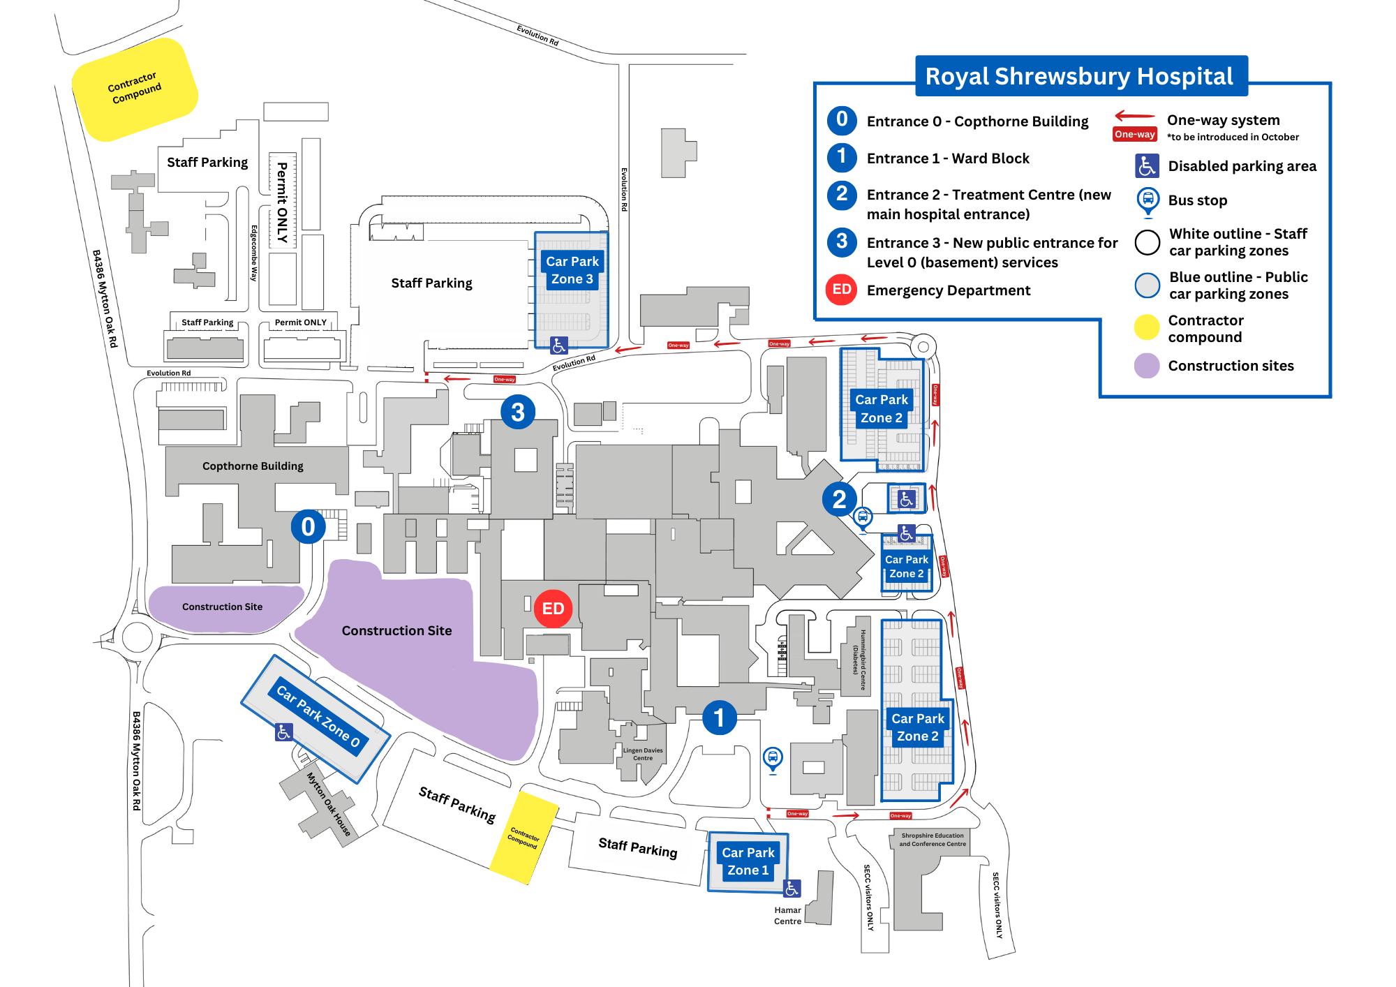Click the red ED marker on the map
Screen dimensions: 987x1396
click(553, 609)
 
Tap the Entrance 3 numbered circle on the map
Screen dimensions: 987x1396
click(517, 412)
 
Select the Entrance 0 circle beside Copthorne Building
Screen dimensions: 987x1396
click(308, 526)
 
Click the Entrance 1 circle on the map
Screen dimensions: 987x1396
click(719, 718)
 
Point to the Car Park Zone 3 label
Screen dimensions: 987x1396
click(572, 270)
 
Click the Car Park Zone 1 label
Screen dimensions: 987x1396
click(748, 861)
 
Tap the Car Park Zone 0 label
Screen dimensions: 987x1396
click(318, 716)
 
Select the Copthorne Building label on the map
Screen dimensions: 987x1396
click(253, 466)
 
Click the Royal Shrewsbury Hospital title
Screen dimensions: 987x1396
click(1079, 76)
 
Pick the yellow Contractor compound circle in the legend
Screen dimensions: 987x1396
click(1147, 327)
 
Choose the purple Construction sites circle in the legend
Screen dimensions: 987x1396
click(1147, 366)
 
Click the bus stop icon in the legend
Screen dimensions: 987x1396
click(1147, 200)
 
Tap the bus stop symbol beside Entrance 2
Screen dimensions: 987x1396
click(863, 517)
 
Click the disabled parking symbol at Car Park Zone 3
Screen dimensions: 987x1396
click(559, 345)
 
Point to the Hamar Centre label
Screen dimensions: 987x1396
click(787, 916)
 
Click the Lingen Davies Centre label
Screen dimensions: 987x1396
click(643, 754)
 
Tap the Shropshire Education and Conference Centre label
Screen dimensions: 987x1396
click(932, 840)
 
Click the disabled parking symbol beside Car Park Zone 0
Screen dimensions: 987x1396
click(283, 732)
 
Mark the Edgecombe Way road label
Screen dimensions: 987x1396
click(254, 253)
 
